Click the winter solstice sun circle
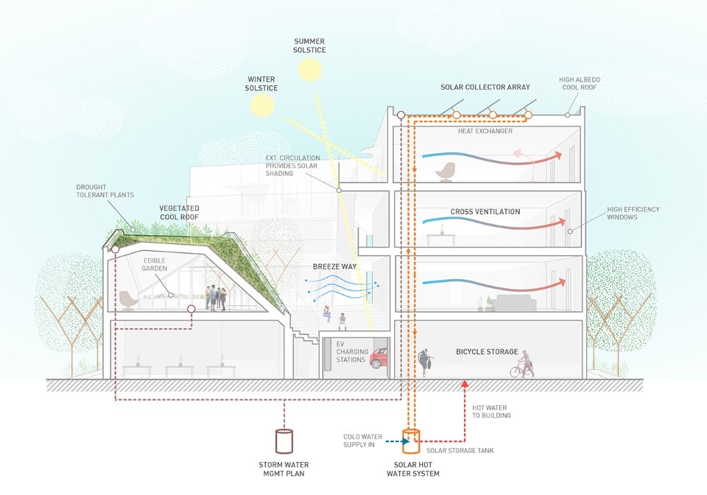point(261,105)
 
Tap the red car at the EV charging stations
point(379,359)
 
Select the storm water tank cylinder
point(284,441)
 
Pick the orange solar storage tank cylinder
point(410,442)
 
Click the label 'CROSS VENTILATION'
point(485,212)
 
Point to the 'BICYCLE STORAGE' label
point(487,352)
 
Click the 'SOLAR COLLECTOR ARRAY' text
point(485,88)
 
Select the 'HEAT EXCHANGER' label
point(485,132)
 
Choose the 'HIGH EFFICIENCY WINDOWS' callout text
point(633,213)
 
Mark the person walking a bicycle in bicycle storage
point(524,364)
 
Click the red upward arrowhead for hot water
point(464,383)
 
